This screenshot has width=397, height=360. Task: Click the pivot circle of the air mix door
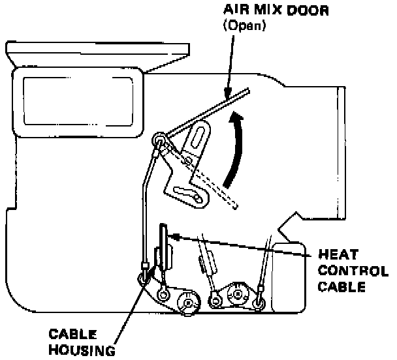(158, 138)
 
